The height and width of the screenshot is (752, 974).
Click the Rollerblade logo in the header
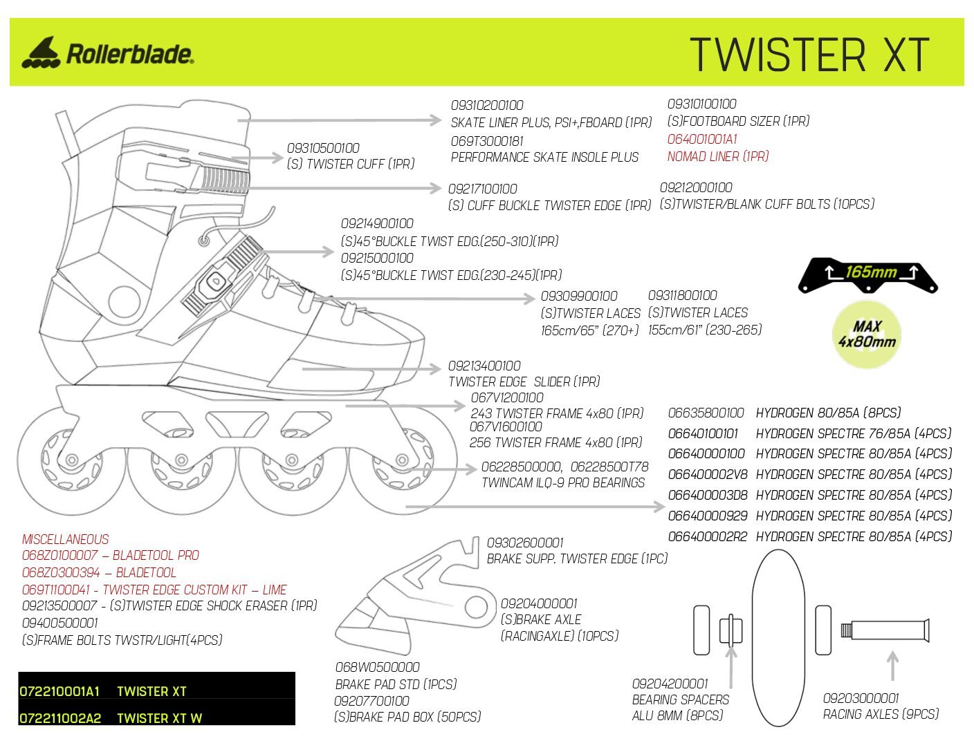pos(107,53)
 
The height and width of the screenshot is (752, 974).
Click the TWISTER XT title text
pos(809,55)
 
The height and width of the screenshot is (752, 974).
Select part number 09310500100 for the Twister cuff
pos(323,148)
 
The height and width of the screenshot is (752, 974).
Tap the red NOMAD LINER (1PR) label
pos(717,157)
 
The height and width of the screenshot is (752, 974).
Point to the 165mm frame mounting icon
pos(868,275)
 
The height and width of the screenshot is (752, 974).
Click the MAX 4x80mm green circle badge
pos(866,334)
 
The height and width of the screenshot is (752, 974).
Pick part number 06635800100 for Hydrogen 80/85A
pos(706,413)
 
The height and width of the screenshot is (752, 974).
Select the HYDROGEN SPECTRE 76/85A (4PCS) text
pos(853,434)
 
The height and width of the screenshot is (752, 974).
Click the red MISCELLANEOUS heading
pos(65,539)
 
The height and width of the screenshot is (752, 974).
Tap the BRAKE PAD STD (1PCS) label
pos(396,684)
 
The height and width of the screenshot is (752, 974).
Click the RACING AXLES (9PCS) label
pos(881,715)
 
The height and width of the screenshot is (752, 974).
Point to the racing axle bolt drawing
pos(885,630)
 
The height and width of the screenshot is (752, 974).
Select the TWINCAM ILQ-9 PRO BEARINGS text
pos(563,483)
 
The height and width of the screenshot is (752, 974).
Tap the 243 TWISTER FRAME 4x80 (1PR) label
pos(557,413)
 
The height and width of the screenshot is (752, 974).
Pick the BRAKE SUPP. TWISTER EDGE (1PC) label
pos(577,559)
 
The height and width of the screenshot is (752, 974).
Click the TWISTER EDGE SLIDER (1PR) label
pos(524,382)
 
